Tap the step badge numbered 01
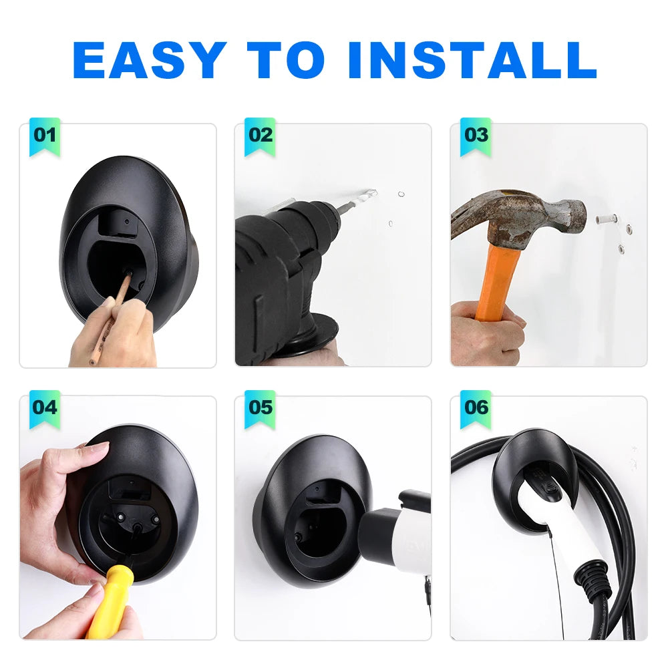click(x=45, y=135)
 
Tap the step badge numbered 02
click(x=261, y=135)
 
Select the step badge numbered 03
click(x=476, y=135)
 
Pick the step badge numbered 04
click(x=45, y=407)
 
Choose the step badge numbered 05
click(x=261, y=407)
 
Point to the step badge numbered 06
click(x=476, y=407)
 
